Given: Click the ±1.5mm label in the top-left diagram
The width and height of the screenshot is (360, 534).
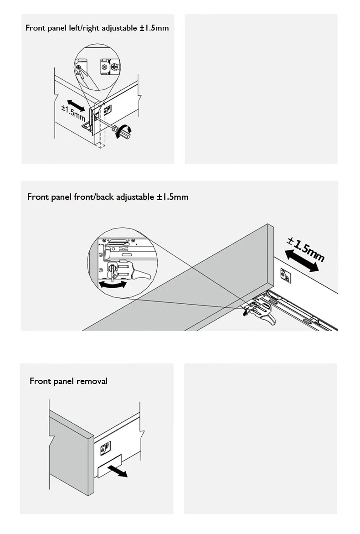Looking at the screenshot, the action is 73,113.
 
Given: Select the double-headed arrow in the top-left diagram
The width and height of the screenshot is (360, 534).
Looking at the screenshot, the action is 76,106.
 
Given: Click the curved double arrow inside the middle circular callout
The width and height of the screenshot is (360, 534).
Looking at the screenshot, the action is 112,285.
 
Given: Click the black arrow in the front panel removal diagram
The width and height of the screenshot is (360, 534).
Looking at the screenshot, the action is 118,471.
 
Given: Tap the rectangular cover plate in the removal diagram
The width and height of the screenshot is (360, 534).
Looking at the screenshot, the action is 109,466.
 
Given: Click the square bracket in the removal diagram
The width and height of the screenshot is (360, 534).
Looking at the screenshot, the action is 105,449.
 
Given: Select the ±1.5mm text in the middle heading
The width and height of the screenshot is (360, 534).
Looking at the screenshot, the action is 173,197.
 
